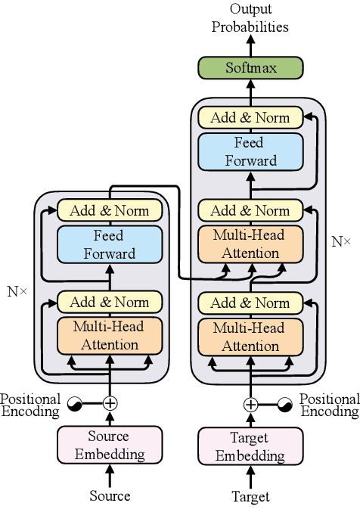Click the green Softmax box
[x=250, y=68]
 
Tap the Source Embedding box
[x=110, y=445]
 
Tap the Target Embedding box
[x=250, y=446]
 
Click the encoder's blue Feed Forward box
[x=110, y=244]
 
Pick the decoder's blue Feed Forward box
[x=250, y=151]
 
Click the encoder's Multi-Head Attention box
[x=110, y=336]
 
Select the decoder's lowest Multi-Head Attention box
[x=250, y=337]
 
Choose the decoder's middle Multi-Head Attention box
[x=250, y=244]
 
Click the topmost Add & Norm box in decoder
[x=250, y=117]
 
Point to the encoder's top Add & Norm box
[x=110, y=210]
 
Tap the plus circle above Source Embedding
[x=110, y=403]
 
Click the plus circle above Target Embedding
[x=250, y=404]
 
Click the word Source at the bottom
[x=110, y=496]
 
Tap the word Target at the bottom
[x=250, y=497]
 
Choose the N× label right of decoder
[x=342, y=242]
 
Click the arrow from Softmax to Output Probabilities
[x=250, y=45]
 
